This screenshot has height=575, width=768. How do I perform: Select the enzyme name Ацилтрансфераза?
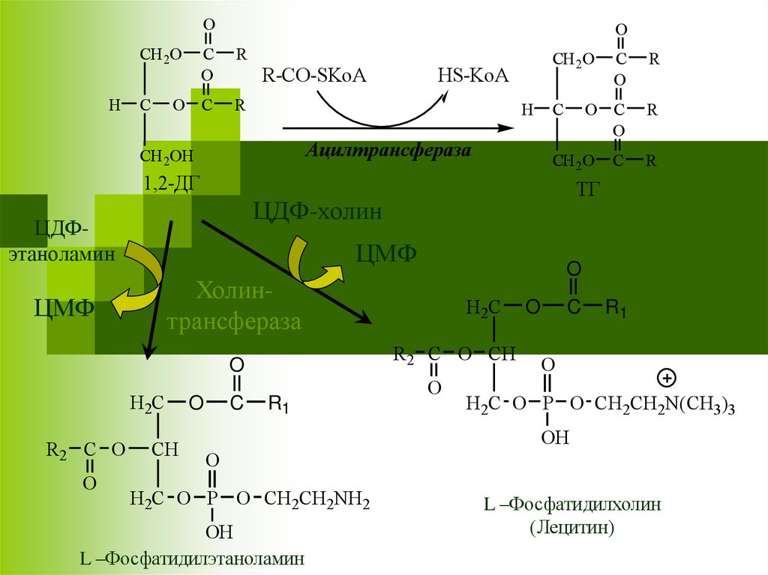[x=388, y=151]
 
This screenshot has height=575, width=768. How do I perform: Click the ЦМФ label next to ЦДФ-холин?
[x=386, y=253]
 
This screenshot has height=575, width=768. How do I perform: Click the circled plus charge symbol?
[x=666, y=376]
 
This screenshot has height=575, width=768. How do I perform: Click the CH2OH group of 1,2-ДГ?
[x=166, y=156]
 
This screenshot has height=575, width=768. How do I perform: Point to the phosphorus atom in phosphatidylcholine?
[x=548, y=404]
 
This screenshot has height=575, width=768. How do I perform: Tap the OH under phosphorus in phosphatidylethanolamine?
[x=219, y=532]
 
